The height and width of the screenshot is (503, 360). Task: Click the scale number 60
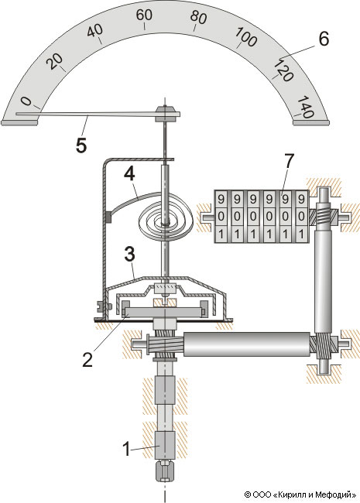[x=144, y=15]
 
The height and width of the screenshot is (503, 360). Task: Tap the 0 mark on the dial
[x=26, y=101]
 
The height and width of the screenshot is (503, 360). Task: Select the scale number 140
[x=305, y=107]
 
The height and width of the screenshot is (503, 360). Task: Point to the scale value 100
[x=246, y=36]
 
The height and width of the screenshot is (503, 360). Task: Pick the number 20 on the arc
[x=54, y=61]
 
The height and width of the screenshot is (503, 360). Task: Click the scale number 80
[x=198, y=18]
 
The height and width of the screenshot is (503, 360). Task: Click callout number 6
[x=324, y=39]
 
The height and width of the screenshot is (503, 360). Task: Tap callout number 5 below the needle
[x=81, y=145]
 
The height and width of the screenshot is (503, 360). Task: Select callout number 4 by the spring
[x=130, y=175]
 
